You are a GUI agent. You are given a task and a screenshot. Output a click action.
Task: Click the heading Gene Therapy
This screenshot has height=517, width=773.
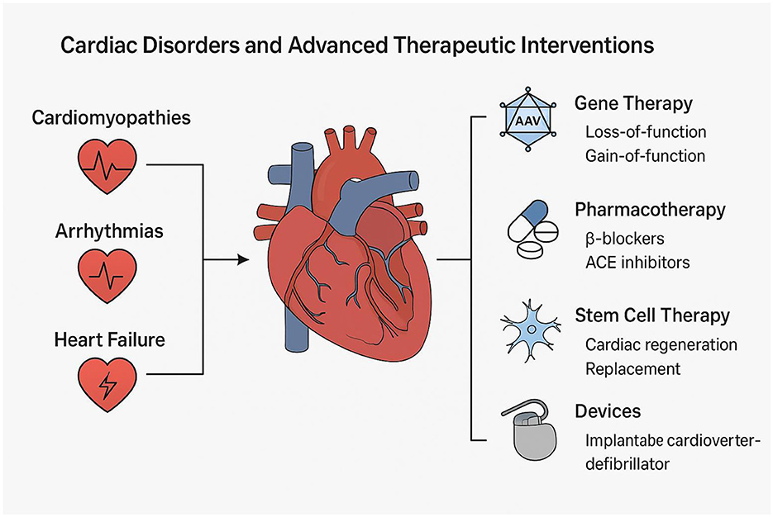[x=633, y=104]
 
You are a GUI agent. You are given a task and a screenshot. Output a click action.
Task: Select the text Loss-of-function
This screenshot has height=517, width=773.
[x=645, y=132]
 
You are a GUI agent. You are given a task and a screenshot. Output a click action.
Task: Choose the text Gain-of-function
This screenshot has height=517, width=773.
[x=646, y=156]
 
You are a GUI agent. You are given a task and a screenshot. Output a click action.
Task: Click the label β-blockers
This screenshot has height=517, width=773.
[x=624, y=239]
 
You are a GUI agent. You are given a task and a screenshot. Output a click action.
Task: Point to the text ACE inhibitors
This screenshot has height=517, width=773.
[x=637, y=263]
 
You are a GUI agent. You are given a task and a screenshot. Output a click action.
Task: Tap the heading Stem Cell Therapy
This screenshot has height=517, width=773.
[x=652, y=315]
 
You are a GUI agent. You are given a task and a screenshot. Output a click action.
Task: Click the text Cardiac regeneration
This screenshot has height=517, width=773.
[x=661, y=344]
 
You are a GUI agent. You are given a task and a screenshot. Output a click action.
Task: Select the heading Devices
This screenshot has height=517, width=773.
[x=608, y=411]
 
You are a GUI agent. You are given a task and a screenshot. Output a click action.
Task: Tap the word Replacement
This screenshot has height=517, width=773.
[x=633, y=368]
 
